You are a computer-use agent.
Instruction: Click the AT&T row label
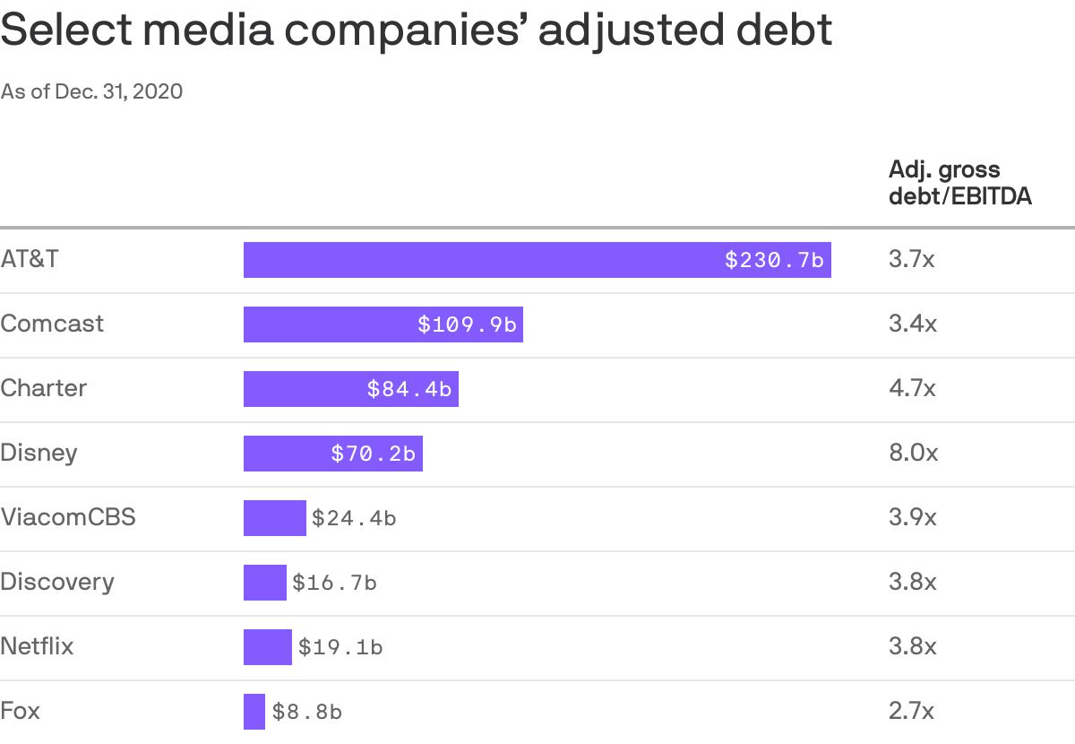[x=30, y=259]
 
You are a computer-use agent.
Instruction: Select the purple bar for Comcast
[x=383, y=324]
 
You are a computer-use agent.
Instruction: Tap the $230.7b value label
[x=774, y=260]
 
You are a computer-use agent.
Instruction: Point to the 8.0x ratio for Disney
[x=913, y=453]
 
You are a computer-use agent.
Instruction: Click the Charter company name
[x=44, y=388]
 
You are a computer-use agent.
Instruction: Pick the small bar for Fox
[x=254, y=712]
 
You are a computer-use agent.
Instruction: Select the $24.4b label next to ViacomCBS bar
[x=354, y=518]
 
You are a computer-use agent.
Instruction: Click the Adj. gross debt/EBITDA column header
[x=959, y=183]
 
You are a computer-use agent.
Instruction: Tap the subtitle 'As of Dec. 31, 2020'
[x=92, y=91]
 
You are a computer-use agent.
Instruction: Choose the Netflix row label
[x=37, y=646]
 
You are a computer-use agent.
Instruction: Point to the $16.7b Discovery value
[x=334, y=583]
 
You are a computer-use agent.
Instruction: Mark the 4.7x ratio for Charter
[x=912, y=388]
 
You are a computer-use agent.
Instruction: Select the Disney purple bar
[x=332, y=454]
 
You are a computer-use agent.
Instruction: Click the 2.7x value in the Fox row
[x=911, y=712]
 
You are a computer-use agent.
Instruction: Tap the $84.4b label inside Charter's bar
[x=408, y=389]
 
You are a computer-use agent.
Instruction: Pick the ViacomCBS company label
[x=68, y=517]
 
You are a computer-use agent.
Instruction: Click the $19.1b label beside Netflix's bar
[x=340, y=647]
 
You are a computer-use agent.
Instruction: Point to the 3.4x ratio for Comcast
[x=912, y=324]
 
